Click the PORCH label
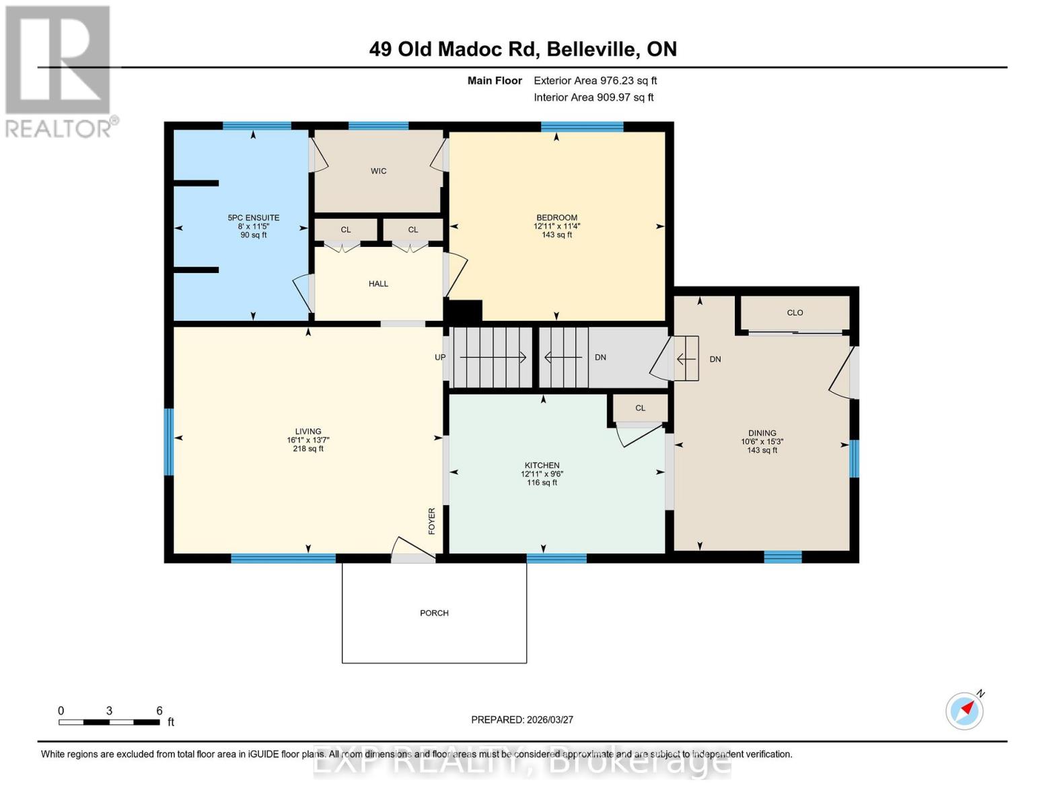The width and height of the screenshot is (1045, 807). [x=434, y=613]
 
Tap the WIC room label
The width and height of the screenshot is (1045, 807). [x=378, y=171]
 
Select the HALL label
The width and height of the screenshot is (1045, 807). [x=378, y=284]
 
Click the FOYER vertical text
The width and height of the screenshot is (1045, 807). [x=432, y=521]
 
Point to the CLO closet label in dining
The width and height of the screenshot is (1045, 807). [x=795, y=313]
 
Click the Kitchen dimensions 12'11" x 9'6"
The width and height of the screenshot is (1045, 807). [x=542, y=474]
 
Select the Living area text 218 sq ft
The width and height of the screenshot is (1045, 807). [x=308, y=449]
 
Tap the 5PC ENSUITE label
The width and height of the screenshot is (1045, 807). [x=253, y=218]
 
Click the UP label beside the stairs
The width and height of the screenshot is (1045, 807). [x=440, y=357]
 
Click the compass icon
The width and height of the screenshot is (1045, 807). [x=964, y=710]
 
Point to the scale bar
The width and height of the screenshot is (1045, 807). [x=109, y=722]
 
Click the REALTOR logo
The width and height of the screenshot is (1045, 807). [x=59, y=71]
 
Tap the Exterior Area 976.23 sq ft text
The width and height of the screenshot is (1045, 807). [x=595, y=81]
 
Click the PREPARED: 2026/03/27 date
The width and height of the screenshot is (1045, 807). [x=522, y=720]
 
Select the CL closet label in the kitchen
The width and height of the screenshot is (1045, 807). [x=640, y=408]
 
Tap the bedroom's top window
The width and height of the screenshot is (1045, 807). [x=582, y=126]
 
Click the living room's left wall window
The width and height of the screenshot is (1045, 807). [x=169, y=442]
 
